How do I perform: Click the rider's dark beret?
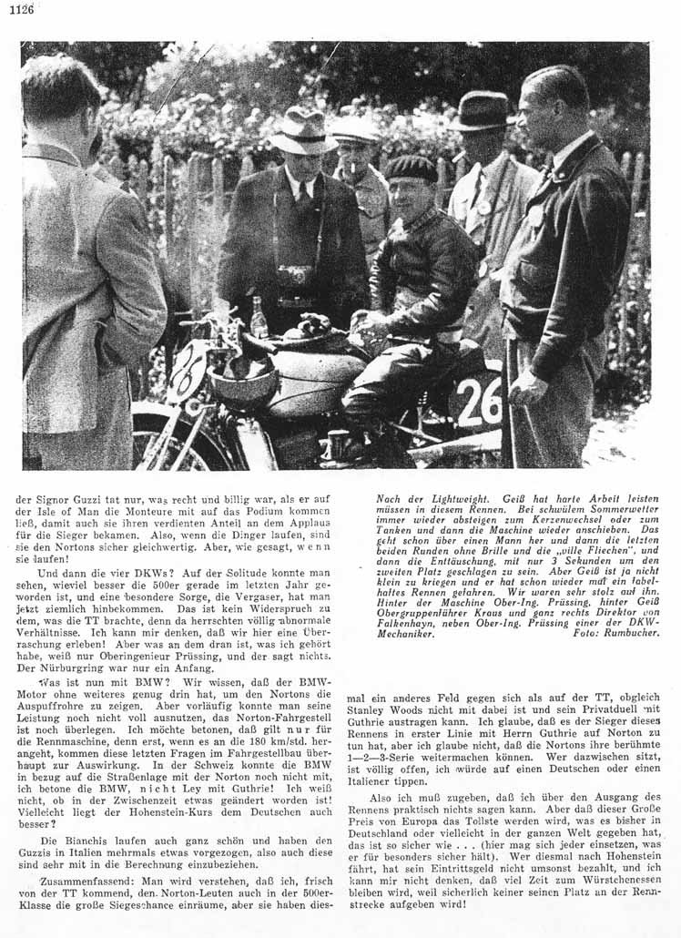[411, 168]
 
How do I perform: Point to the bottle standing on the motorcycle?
[259, 318]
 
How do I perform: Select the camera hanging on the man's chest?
[297, 274]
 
